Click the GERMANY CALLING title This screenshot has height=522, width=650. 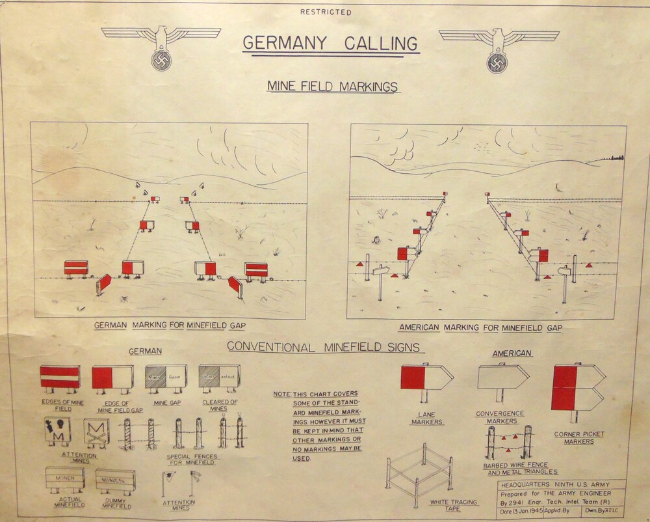(x=331, y=43)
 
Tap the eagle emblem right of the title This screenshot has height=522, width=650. (x=499, y=48)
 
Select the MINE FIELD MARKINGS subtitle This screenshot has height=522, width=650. (x=333, y=86)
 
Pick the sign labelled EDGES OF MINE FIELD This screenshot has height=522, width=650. (x=60, y=377)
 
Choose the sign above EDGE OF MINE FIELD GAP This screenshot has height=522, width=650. (x=112, y=377)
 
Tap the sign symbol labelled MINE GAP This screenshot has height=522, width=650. (x=166, y=376)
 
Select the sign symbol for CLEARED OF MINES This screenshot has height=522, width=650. (x=219, y=376)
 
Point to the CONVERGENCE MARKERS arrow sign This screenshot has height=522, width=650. (x=502, y=377)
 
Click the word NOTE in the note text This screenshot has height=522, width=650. (x=281, y=394)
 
